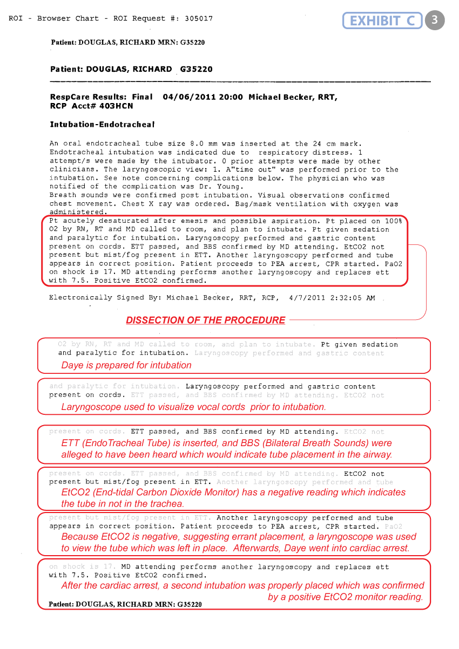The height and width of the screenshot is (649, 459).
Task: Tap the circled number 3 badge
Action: pyautogui.click(x=435, y=20)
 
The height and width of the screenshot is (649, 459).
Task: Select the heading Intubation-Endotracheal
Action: pyautogui.click(x=102, y=125)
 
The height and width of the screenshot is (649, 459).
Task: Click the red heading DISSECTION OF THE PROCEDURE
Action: pyautogui.click(x=205, y=320)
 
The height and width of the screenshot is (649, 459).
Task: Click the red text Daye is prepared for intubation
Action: pyautogui.click(x=126, y=365)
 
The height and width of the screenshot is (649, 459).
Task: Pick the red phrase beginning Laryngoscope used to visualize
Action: pyautogui.click(x=193, y=407)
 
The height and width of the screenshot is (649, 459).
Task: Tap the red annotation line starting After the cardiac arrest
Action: pyautogui.click(x=242, y=585)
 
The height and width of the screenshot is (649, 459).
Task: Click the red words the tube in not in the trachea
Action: pyautogui.click(x=123, y=503)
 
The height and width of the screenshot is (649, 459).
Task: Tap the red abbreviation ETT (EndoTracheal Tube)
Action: pyautogui.click(x=115, y=443)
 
